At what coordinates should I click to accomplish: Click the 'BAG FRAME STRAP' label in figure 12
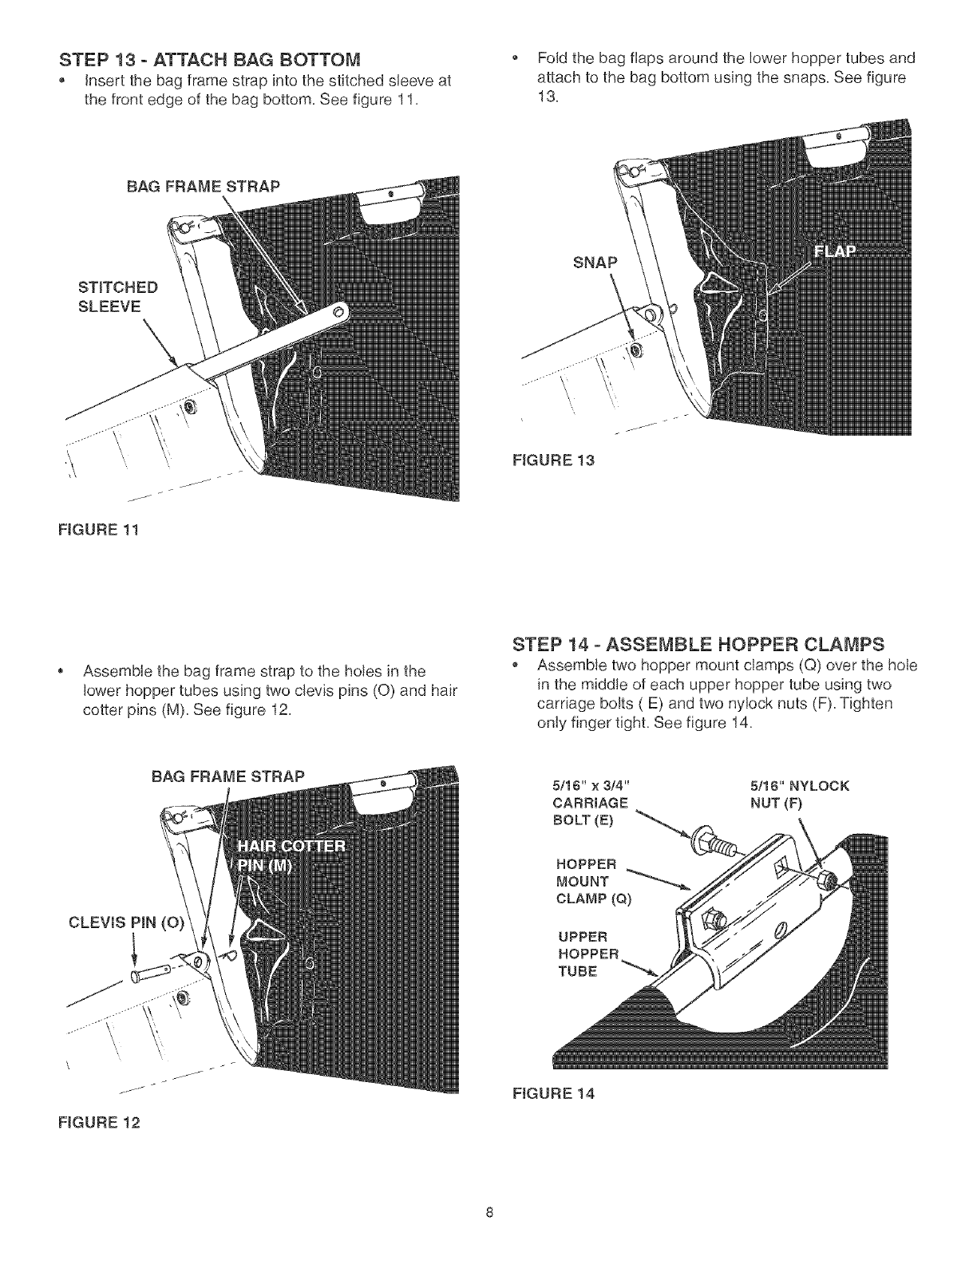point(227,776)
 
